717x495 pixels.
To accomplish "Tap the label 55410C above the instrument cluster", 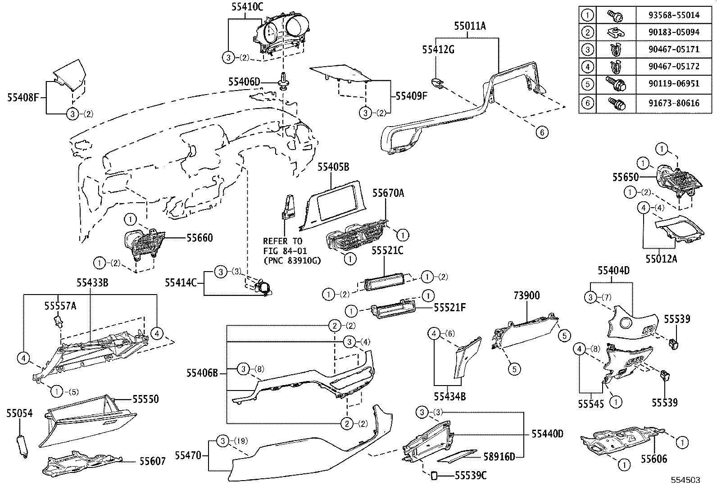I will tap(247, 6).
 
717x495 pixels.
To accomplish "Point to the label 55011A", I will tap(470, 26).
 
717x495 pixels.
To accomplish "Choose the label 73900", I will tap(526, 295).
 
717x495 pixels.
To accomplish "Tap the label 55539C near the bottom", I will tap(471, 475).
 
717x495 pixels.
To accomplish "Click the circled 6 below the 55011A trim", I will tap(542, 132).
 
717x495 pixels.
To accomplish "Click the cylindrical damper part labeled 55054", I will tap(22, 446).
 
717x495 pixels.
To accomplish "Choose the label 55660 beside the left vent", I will tap(200, 237).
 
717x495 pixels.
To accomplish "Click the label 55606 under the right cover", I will tap(654, 459).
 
